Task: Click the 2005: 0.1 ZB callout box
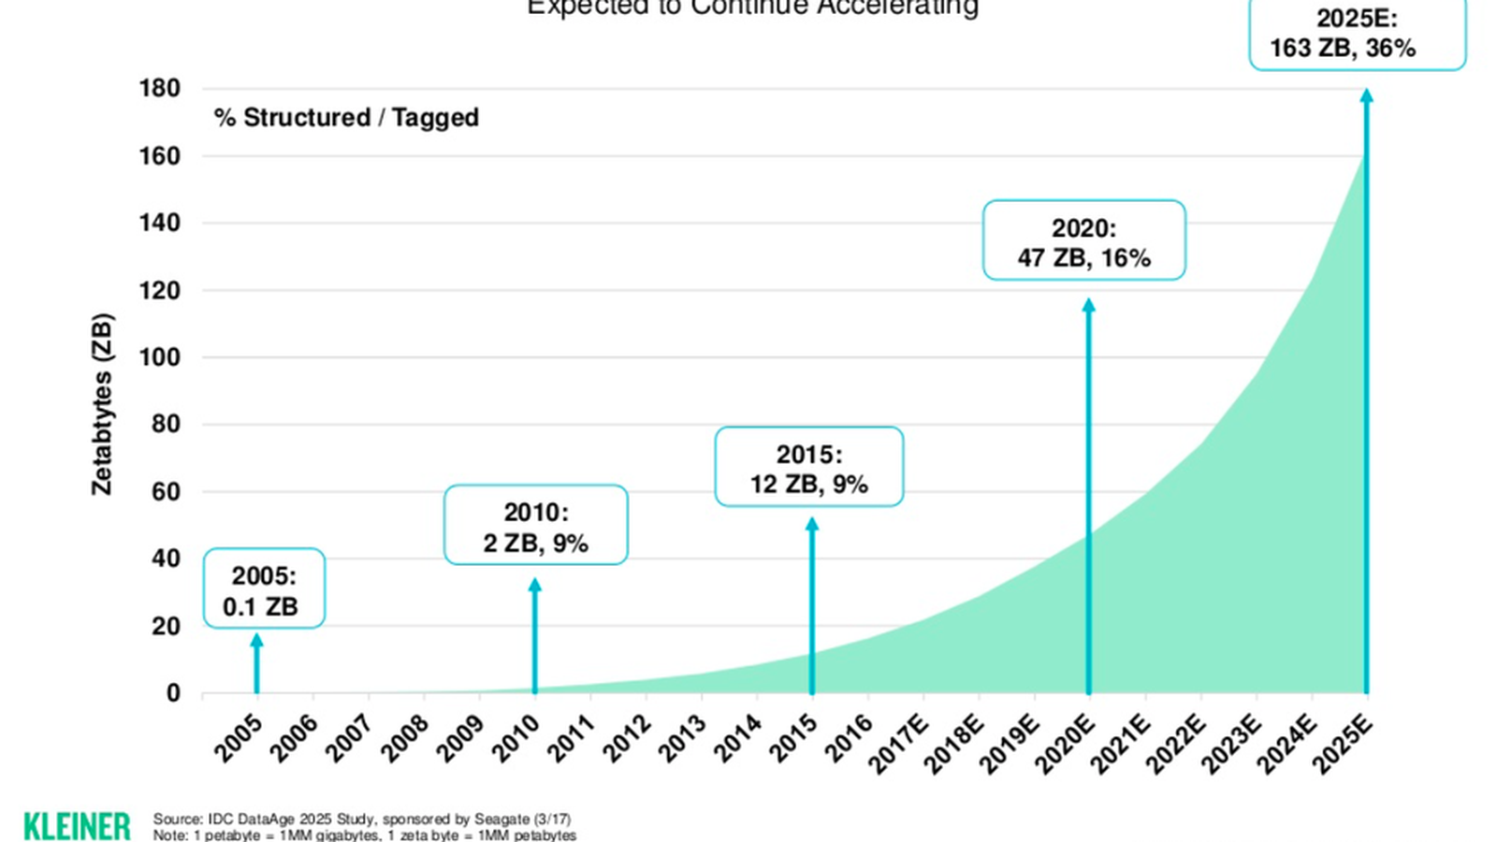[x=264, y=588]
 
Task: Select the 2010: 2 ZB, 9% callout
[x=535, y=526]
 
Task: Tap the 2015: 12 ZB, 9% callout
[x=809, y=468]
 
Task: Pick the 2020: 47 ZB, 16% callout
[x=1083, y=241]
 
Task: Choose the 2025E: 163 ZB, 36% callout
[x=1357, y=34]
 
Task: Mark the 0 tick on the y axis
[x=173, y=693]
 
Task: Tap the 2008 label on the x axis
[x=406, y=738]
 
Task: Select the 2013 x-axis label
[x=682, y=738]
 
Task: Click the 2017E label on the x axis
[x=898, y=744]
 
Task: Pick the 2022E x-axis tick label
[x=1176, y=744]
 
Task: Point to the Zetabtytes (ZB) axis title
[x=102, y=404]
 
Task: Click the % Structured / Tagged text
[x=346, y=118]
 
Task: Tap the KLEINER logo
[x=77, y=826]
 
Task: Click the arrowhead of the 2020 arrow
[x=1088, y=306]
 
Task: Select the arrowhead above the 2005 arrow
[x=257, y=641]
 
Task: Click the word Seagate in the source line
[x=502, y=820]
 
